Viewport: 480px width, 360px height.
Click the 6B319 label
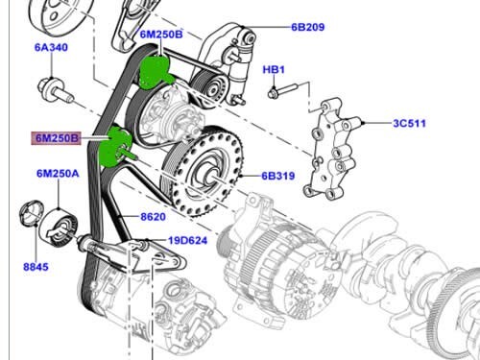[x=279, y=177]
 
